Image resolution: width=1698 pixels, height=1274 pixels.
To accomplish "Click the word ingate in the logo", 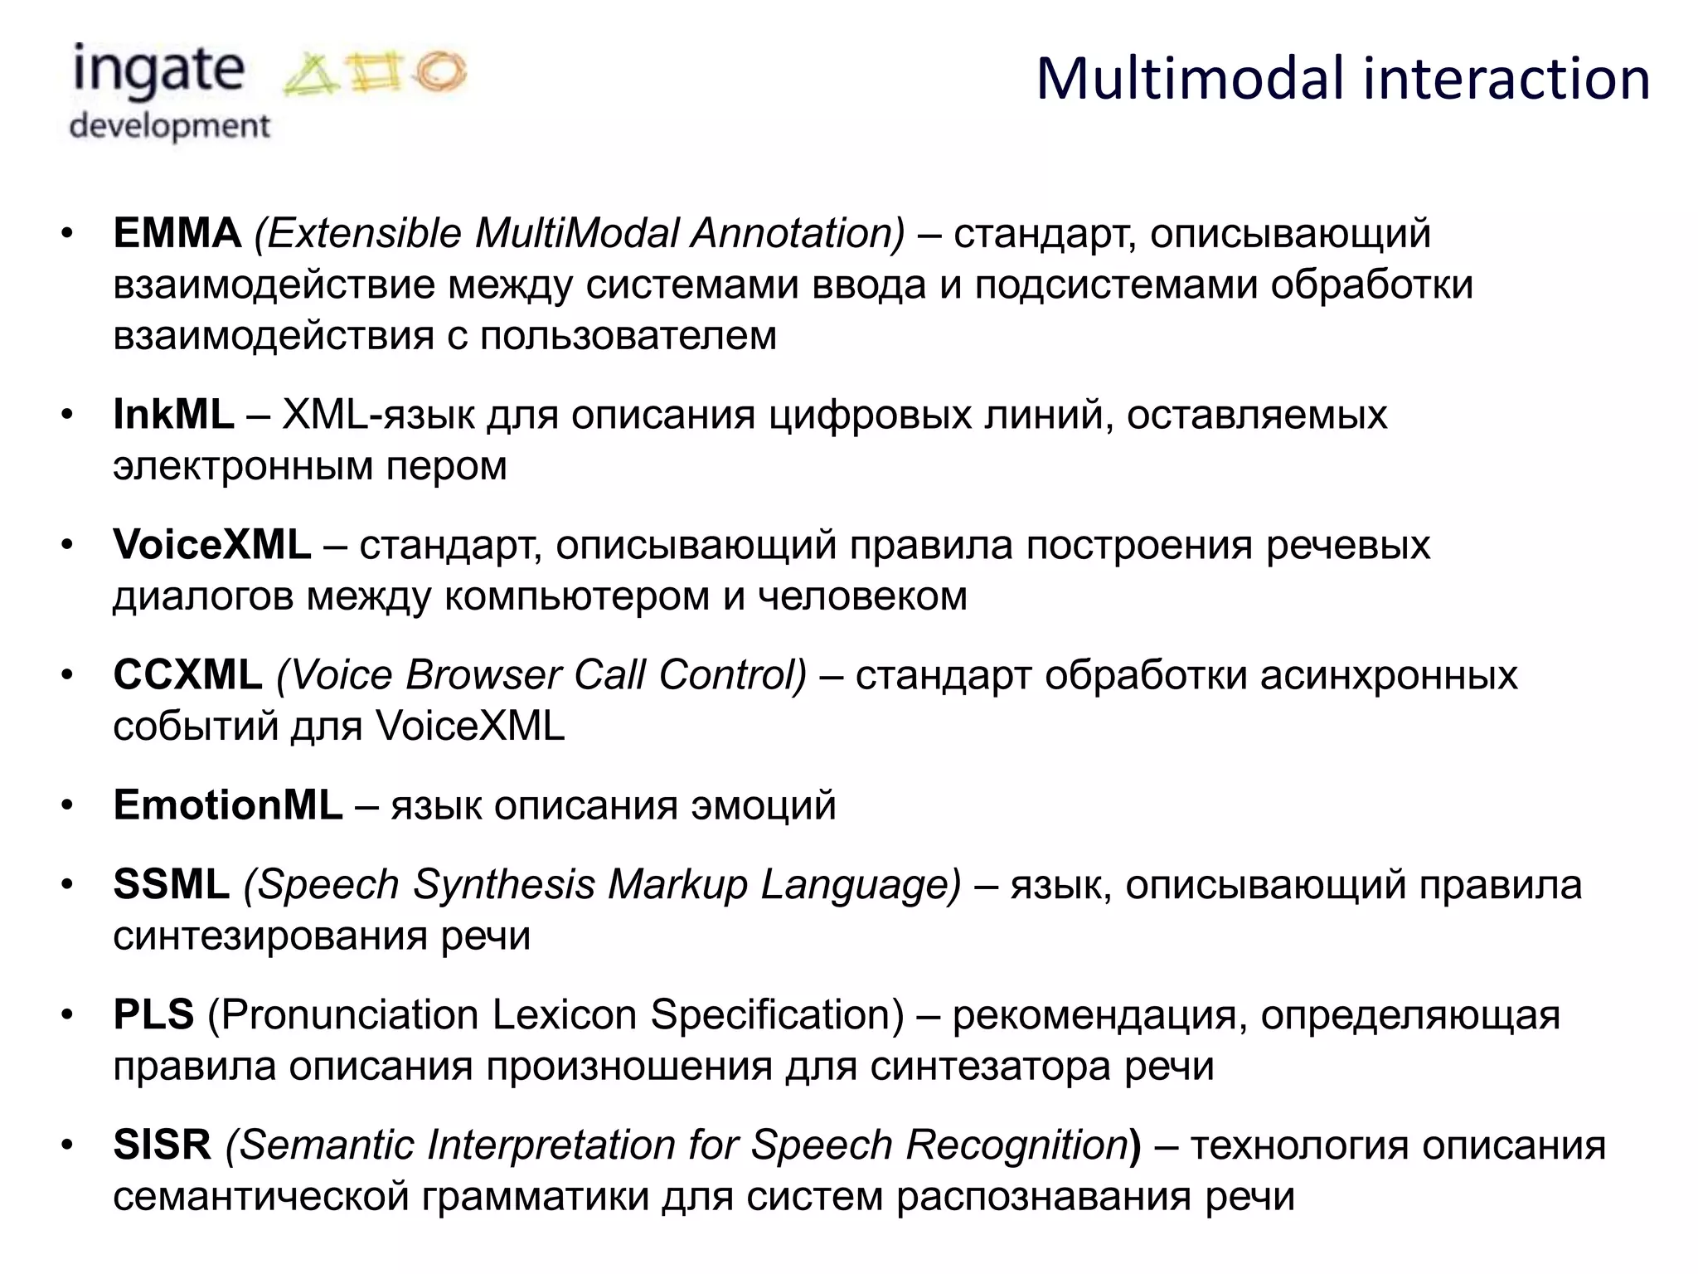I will (x=158, y=71).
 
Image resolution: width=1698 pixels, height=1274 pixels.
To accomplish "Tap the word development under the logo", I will (x=169, y=126).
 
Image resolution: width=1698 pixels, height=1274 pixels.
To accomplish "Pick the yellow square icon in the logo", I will (x=376, y=73).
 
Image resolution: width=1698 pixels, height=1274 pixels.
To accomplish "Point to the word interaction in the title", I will (x=1506, y=79).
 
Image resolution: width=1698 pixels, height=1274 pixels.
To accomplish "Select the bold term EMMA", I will (x=177, y=233).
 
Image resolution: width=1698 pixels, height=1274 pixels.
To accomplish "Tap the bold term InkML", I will (x=173, y=414).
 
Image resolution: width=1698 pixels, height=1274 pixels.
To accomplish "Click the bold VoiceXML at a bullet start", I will (x=212, y=545).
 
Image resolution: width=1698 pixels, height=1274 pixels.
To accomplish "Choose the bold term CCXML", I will (x=187, y=675).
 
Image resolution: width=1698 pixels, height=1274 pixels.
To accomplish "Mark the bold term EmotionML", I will (x=228, y=805).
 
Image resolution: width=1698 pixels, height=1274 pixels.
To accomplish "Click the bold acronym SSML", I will (x=171, y=884).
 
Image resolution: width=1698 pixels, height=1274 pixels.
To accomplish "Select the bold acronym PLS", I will (x=153, y=1014).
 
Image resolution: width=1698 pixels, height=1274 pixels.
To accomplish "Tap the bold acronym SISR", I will (x=163, y=1145).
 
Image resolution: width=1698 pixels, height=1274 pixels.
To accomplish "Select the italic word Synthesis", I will (x=503, y=884).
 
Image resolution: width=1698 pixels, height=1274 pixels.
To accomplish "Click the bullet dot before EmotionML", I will (x=68, y=805).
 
